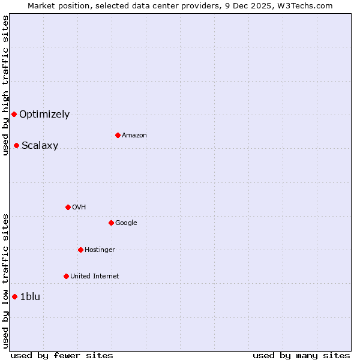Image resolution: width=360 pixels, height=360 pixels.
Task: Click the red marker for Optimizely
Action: (x=14, y=114)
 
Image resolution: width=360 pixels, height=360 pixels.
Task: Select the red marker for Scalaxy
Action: (x=16, y=145)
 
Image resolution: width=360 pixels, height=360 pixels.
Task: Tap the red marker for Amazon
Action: (x=118, y=135)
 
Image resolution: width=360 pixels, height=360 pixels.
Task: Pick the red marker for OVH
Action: (x=68, y=207)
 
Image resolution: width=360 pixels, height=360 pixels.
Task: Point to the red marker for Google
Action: (x=111, y=223)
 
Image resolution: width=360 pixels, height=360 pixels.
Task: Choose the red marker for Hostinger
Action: (x=80, y=250)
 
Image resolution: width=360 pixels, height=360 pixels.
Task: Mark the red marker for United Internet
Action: (x=66, y=276)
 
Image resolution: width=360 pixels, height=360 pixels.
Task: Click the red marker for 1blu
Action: (x=14, y=296)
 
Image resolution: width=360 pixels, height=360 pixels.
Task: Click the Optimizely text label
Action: (x=44, y=115)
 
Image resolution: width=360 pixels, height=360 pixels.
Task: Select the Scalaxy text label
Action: (x=40, y=146)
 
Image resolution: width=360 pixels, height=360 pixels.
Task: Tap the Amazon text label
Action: (x=134, y=136)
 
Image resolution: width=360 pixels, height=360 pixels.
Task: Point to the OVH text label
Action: (x=79, y=208)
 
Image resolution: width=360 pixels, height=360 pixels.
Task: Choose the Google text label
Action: (x=126, y=223)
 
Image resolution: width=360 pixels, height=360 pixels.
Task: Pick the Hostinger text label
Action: (x=100, y=250)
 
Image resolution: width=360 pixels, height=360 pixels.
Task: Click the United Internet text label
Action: (x=94, y=277)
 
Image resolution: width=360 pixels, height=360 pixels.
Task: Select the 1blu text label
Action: (x=30, y=297)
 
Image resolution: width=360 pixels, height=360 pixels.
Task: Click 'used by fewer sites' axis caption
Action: (x=62, y=355)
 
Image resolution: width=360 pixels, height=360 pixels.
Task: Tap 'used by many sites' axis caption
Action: (x=301, y=355)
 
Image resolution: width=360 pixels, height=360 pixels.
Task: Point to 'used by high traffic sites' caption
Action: (x=5, y=85)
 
